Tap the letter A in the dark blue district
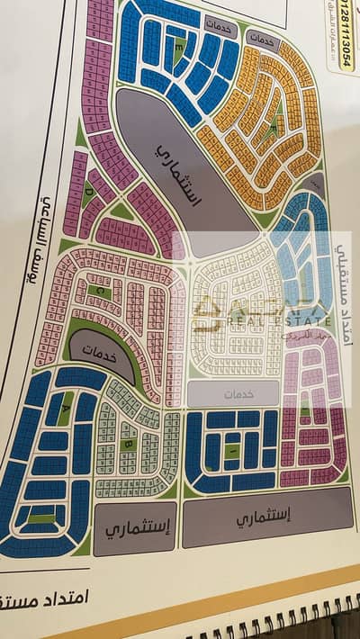[63, 407]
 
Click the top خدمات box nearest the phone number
[261, 40]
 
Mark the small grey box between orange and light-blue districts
[315, 184]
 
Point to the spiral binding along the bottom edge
[270, 630]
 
